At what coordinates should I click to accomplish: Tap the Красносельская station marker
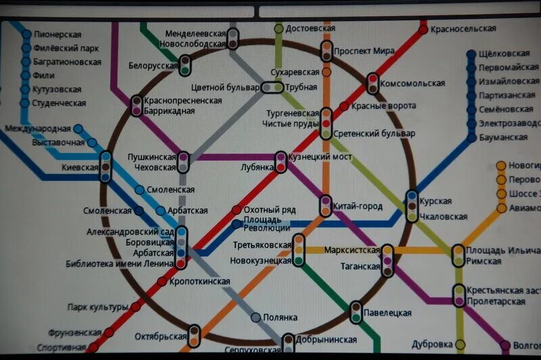(424, 29)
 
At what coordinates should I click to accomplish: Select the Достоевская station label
(310, 29)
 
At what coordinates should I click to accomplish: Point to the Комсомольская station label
(413, 83)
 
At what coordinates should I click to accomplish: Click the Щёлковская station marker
(472, 54)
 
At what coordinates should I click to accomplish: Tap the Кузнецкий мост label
(320, 157)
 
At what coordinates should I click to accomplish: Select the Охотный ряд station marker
(236, 210)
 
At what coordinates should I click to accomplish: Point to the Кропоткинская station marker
(162, 282)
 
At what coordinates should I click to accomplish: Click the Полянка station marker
(256, 317)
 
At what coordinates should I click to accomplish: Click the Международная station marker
(78, 129)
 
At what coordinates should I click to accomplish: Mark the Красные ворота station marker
(344, 106)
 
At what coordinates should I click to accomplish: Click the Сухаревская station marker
(327, 72)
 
